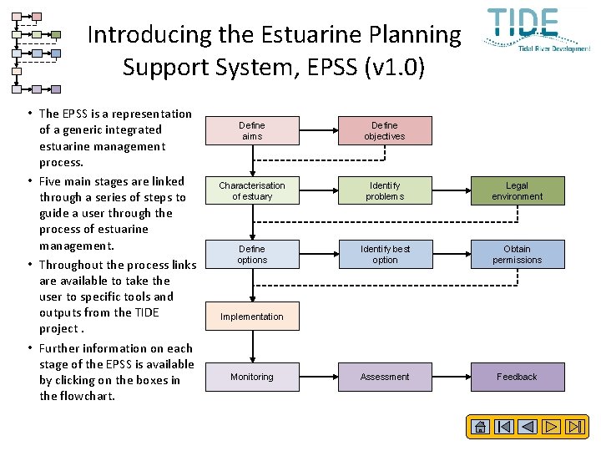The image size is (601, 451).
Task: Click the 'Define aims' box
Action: click(251, 130)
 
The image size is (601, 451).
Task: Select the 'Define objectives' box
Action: click(384, 130)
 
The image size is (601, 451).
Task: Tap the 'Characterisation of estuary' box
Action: click(251, 190)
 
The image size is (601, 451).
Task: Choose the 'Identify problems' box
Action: click(384, 190)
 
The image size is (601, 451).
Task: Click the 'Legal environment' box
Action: click(517, 190)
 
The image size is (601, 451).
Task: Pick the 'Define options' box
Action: click(251, 254)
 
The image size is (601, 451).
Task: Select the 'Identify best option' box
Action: click(384, 254)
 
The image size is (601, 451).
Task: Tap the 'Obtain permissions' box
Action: click(517, 254)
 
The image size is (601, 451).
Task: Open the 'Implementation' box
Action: click(251, 317)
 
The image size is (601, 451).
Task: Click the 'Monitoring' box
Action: click(251, 377)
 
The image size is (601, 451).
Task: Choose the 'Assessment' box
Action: click(384, 377)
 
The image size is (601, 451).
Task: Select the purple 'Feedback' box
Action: click(517, 377)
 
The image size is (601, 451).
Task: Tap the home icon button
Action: click(480, 427)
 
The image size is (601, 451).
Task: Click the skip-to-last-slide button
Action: click(576, 427)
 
